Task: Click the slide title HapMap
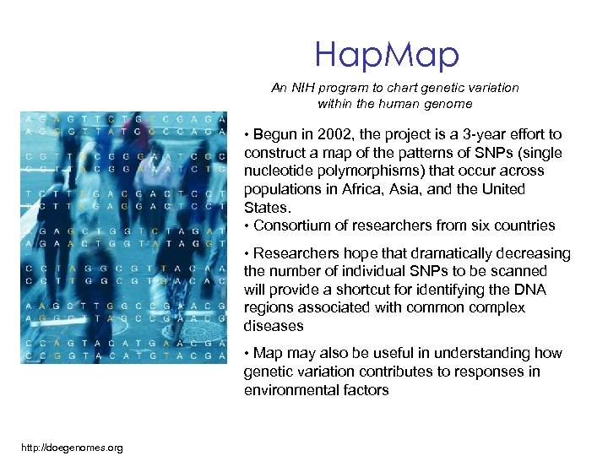tap(387, 55)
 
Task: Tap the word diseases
tap(274, 326)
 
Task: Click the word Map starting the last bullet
tap(268, 354)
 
